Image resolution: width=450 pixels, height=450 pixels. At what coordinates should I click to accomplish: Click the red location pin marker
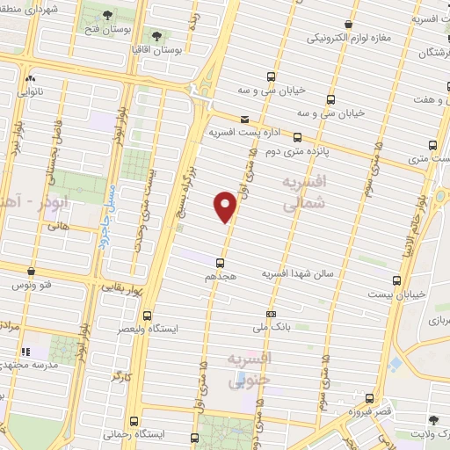[x=226, y=206]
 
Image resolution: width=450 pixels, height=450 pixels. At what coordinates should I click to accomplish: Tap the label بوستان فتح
[x=106, y=30]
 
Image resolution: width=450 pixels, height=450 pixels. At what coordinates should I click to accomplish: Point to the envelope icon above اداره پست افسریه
[x=244, y=120]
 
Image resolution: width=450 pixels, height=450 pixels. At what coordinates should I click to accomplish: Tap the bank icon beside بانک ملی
[x=271, y=314]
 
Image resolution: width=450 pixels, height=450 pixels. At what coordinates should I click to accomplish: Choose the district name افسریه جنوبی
[x=250, y=369]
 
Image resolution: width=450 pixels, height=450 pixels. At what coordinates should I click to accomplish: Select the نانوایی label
[x=31, y=89]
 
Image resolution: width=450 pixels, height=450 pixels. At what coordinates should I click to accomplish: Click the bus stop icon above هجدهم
[x=220, y=262]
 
